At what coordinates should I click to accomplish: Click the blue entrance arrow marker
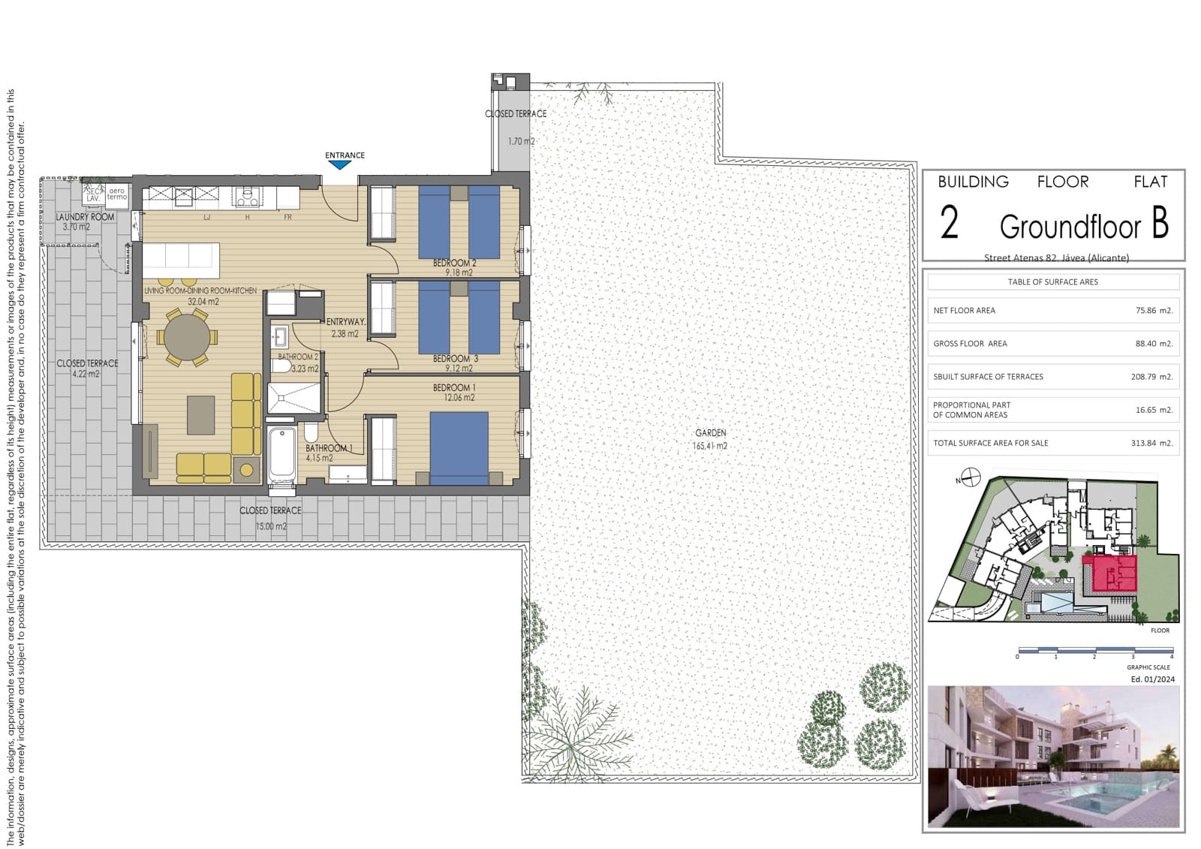click(x=339, y=165)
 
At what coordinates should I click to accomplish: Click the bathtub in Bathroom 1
click(x=282, y=453)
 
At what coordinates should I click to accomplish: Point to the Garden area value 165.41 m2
click(x=710, y=446)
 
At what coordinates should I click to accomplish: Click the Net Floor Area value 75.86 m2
click(x=1154, y=310)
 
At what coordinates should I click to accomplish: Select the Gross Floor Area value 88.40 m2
click(x=1154, y=343)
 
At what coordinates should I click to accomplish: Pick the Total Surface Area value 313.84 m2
click(x=1151, y=443)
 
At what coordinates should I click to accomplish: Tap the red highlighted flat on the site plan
click(x=1113, y=574)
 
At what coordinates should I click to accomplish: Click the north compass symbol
click(x=971, y=477)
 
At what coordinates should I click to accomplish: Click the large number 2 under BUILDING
click(x=950, y=224)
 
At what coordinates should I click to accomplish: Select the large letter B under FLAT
click(x=1160, y=223)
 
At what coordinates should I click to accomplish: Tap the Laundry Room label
click(x=85, y=217)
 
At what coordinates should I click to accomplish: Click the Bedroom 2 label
click(x=454, y=263)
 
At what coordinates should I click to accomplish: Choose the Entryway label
click(x=345, y=321)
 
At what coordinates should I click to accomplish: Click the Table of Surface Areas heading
click(x=1052, y=282)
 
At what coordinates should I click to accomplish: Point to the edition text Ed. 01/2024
click(x=1153, y=679)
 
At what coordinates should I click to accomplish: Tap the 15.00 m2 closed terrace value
click(x=271, y=526)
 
